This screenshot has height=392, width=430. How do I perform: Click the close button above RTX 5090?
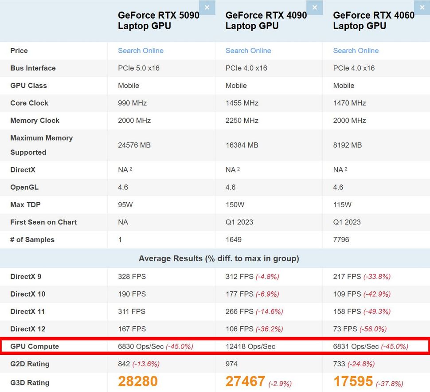(x=207, y=8)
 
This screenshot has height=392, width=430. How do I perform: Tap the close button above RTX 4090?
(x=315, y=8)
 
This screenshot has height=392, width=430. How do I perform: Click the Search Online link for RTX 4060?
(x=356, y=51)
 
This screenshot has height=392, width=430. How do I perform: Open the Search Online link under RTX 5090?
(x=141, y=51)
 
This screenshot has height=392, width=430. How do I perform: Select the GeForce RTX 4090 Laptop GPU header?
(x=266, y=20)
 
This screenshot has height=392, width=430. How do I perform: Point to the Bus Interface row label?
(x=33, y=68)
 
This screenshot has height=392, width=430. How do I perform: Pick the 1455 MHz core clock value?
(x=242, y=103)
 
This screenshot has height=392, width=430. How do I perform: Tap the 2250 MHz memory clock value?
(x=242, y=121)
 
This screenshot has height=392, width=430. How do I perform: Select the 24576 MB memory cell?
(x=135, y=145)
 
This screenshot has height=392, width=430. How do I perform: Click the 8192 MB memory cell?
(x=347, y=145)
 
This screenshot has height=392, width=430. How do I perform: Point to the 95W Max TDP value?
(x=125, y=205)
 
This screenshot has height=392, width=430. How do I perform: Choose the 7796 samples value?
(x=341, y=240)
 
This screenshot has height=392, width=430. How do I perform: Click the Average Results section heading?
(x=219, y=259)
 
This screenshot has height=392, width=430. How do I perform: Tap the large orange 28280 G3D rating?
(x=137, y=381)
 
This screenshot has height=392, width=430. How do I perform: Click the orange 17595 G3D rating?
(x=353, y=381)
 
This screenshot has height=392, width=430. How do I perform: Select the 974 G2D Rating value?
(x=231, y=364)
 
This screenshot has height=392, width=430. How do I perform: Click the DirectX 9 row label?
(x=26, y=277)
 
